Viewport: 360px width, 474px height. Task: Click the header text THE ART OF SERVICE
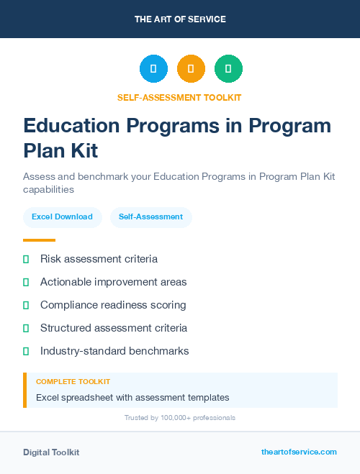180,19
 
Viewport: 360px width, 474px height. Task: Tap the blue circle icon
153,69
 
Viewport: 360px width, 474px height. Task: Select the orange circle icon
191,69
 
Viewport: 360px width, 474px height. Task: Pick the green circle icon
228,69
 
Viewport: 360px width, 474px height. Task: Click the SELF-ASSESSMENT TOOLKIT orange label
180,97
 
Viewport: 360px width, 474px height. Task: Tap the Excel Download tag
62,217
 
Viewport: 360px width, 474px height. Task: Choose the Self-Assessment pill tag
150,217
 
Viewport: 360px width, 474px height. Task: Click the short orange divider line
39,240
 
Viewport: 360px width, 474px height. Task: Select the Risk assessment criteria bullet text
99,259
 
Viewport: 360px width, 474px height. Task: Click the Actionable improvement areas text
113,282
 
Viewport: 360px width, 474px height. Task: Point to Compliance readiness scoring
113,305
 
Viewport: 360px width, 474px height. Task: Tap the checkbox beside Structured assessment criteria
26,328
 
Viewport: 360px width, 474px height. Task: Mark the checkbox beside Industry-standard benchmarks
26,351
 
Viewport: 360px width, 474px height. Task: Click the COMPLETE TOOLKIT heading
73,382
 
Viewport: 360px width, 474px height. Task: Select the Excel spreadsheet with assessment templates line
132,397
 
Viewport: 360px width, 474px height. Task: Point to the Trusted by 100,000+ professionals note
180,418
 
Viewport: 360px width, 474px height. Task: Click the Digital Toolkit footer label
51,452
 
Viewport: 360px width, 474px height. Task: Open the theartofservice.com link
299,452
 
